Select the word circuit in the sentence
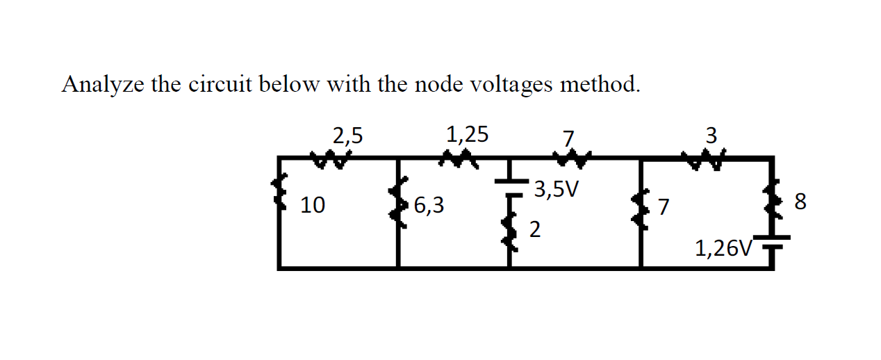[x=223, y=84]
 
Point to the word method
[x=600, y=84]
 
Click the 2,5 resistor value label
[x=347, y=135]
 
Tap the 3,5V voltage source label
[x=557, y=190]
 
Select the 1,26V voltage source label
[x=723, y=247]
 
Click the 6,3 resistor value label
[x=429, y=206]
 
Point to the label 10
[x=312, y=206]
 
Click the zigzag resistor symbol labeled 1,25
[x=456, y=161]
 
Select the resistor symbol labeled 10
[x=281, y=193]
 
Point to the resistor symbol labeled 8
[x=771, y=202]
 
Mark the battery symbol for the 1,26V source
[x=771, y=244]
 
